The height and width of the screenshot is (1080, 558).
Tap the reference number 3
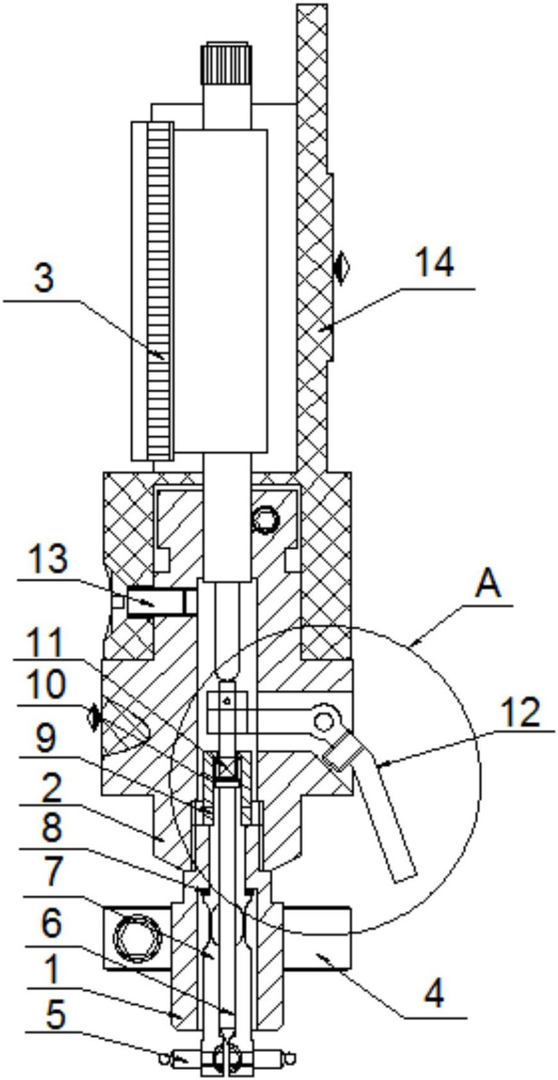(45, 279)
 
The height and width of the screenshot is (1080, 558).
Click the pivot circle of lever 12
(325, 721)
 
